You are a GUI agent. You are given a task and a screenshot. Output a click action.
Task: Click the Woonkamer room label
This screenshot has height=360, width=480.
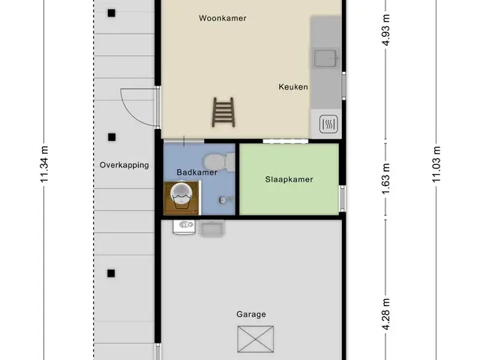[223, 18]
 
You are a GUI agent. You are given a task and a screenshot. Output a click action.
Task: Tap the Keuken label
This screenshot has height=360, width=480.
[293, 87]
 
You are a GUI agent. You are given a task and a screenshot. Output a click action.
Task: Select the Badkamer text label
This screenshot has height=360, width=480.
[196, 172]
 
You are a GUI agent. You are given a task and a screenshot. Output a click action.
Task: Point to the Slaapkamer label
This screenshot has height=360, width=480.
[289, 179]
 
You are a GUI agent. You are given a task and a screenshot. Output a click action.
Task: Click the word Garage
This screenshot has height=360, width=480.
[251, 314]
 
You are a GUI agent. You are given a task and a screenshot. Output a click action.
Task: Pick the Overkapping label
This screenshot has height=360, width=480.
[124, 165]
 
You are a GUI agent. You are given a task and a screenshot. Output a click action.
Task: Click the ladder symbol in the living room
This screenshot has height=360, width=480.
[223, 112]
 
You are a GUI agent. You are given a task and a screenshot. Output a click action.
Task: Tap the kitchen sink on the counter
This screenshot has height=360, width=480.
[325, 58]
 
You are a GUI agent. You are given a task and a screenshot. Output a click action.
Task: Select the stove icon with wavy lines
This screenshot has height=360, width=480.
[328, 124]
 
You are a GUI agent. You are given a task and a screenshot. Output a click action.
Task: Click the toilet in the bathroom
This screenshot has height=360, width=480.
[220, 162]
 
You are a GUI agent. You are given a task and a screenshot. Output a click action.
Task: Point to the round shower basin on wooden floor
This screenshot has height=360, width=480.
[181, 195]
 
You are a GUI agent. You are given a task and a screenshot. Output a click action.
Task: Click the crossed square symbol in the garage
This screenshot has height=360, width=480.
[256, 339]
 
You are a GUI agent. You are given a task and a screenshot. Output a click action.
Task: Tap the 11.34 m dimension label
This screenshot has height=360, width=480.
[44, 164]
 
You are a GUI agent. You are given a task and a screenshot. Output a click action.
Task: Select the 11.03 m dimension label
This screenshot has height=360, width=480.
[436, 164]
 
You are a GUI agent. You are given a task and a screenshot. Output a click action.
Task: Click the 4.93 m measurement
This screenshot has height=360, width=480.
[386, 30]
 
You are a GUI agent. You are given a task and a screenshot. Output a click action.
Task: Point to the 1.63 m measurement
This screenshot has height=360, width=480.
[386, 178]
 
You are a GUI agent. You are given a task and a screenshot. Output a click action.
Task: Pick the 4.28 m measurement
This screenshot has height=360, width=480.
[386, 314]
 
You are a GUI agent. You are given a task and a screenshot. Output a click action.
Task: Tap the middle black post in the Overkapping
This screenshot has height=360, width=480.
[112, 137]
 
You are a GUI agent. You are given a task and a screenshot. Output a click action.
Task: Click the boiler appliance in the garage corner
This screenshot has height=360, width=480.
[184, 227]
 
